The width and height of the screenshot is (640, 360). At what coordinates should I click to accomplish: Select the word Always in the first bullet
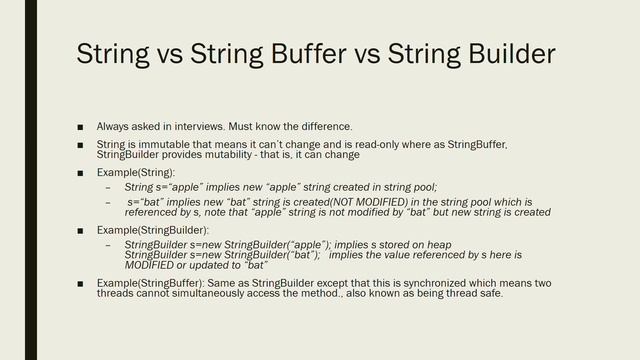tap(113, 127)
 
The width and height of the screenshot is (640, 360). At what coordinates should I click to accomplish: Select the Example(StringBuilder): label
tap(153, 230)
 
